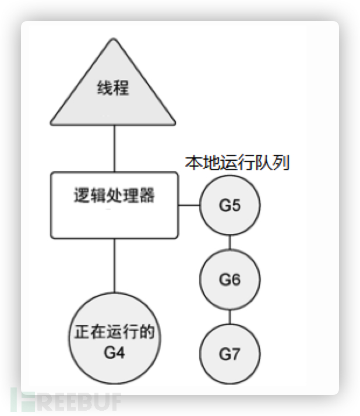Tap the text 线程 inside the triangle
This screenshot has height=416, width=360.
coord(113,89)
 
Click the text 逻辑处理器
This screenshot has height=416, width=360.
coord(114,195)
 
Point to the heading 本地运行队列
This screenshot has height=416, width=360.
coord(237,163)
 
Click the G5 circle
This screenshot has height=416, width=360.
coord(230,205)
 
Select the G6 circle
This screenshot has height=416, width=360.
coord(230,280)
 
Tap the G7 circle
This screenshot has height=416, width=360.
coord(230,354)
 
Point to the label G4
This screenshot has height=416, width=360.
coord(114,352)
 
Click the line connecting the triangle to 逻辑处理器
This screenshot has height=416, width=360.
coord(114,148)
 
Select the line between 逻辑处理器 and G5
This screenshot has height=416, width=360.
coord(188,205)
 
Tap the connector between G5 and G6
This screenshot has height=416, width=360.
coord(230,242)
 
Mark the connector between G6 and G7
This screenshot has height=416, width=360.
coord(230,317)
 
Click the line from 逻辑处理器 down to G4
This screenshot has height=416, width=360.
coord(114,265)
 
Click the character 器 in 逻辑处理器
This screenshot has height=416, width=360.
coord(148,195)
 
